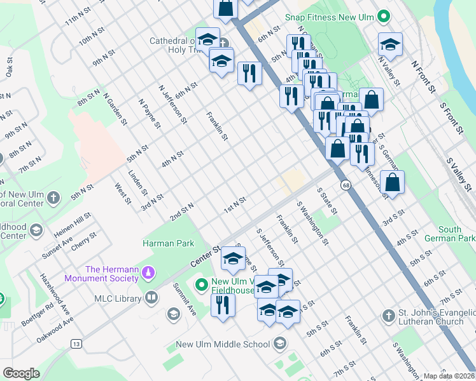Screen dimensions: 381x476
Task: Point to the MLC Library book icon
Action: tap(151, 297)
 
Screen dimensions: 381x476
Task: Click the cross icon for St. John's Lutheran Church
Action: tap(389, 316)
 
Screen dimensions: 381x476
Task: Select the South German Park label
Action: tap(457, 234)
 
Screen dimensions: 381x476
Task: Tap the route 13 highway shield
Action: tap(76, 344)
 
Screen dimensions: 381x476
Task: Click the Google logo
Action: tap(21, 373)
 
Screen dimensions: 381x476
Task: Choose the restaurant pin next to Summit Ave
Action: tap(223, 305)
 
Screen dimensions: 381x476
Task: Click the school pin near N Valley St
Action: tap(390, 44)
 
